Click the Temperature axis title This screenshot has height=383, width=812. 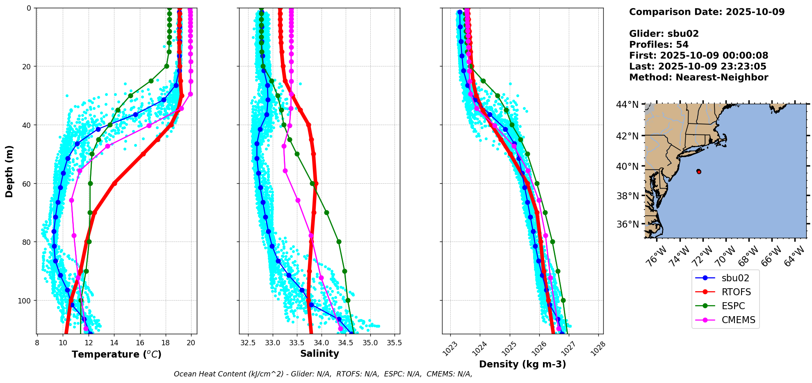(116, 354)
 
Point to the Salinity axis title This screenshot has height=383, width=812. (319, 353)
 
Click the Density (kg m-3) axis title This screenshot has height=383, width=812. (522, 364)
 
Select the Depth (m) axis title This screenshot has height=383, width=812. (9, 171)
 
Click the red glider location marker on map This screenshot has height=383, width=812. (699, 171)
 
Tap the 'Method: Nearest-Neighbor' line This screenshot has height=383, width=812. (698, 78)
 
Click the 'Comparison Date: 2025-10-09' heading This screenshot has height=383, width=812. (707, 12)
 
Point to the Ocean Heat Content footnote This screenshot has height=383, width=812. (323, 374)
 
